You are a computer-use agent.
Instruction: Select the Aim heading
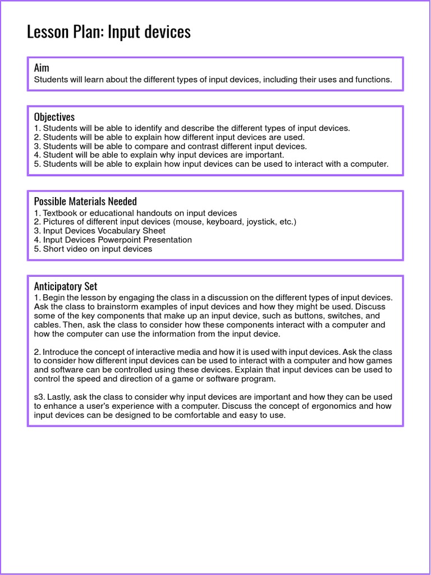42,68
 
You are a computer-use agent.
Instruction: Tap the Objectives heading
54,117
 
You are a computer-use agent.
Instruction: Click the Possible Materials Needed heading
85,201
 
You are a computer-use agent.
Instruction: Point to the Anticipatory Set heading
66,286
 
